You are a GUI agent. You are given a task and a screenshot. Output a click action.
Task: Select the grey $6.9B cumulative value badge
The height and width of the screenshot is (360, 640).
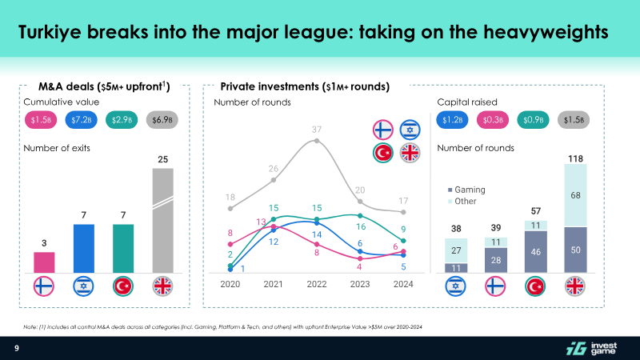pyautogui.click(x=162, y=120)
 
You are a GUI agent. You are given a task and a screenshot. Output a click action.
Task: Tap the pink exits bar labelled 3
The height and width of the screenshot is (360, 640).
pyautogui.click(x=45, y=262)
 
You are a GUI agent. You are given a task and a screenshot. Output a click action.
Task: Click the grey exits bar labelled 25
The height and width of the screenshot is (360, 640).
pyautogui.click(x=162, y=220)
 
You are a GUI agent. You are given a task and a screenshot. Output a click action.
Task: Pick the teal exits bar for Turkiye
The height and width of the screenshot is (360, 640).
pyautogui.click(x=123, y=247)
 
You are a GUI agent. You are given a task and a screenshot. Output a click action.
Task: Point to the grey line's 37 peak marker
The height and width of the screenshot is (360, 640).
pyautogui.click(x=317, y=141)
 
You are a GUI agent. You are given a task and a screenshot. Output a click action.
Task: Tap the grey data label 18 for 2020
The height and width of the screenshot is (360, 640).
pyautogui.click(x=230, y=197)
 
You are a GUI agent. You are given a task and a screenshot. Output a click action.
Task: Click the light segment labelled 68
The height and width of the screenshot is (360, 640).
pyautogui.click(x=576, y=195)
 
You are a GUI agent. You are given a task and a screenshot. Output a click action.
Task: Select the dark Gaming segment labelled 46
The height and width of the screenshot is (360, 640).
pyautogui.click(x=536, y=252)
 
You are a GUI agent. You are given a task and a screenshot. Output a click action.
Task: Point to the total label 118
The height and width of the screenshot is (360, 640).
pyautogui.click(x=576, y=159)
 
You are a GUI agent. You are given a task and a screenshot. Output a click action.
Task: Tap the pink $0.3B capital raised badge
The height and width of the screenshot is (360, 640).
pyautogui.click(x=492, y=120)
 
